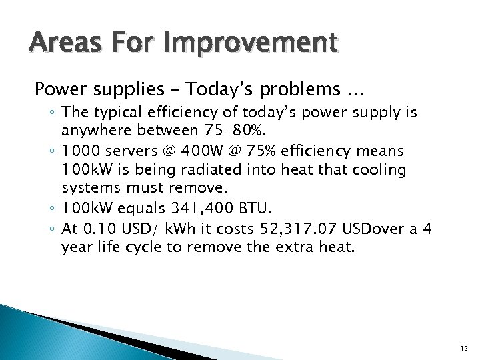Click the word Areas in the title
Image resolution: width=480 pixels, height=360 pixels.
(x=57, y=44)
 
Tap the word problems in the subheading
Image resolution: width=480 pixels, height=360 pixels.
(x=275, y=89)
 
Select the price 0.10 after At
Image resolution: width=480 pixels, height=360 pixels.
(x=98, y=229)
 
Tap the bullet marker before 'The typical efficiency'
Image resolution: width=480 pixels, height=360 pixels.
(x=52, y=113)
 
